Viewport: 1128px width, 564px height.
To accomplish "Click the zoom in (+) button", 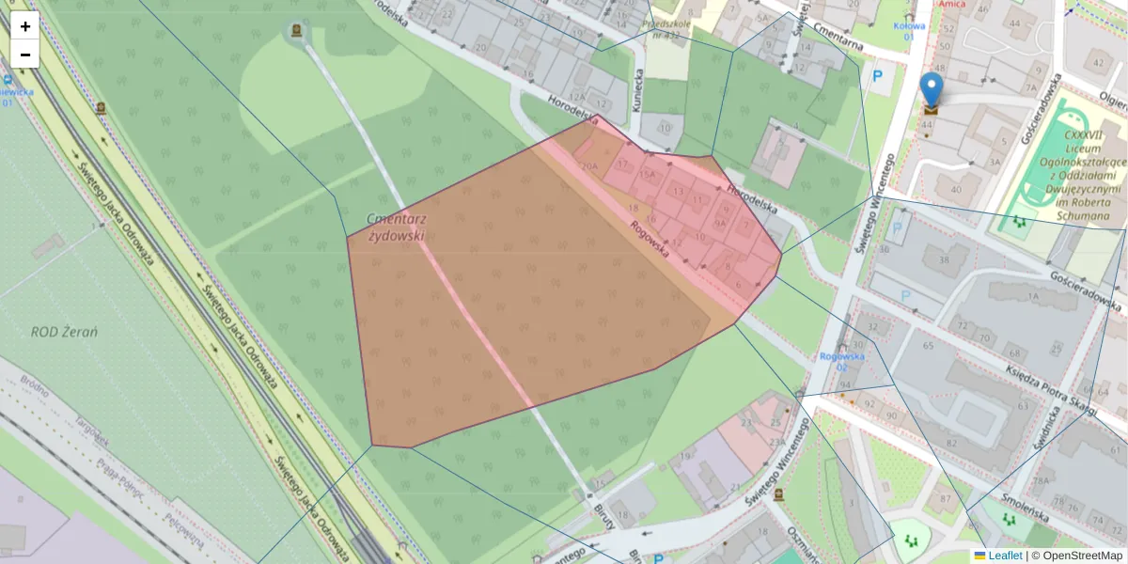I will [x=25, y=26].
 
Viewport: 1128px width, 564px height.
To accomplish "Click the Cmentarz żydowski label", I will [x=396, y=226].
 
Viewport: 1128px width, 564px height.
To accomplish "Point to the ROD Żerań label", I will [x=65, y=332].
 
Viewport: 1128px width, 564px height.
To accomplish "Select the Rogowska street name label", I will [x=650, y=239].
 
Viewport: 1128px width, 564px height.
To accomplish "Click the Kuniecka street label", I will [x=637, y=90].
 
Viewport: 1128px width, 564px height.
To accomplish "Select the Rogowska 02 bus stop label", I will [x=841, y=361].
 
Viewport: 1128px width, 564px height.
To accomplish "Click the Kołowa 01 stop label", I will [x=908, y=31].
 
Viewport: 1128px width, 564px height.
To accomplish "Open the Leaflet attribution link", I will [x=1004, y=556].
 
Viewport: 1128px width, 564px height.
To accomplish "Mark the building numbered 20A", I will [x=589, y=166].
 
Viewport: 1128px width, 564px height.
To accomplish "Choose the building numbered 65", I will [x=929, y=347].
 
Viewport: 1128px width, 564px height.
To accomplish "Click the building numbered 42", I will [x=1095, y=64].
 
